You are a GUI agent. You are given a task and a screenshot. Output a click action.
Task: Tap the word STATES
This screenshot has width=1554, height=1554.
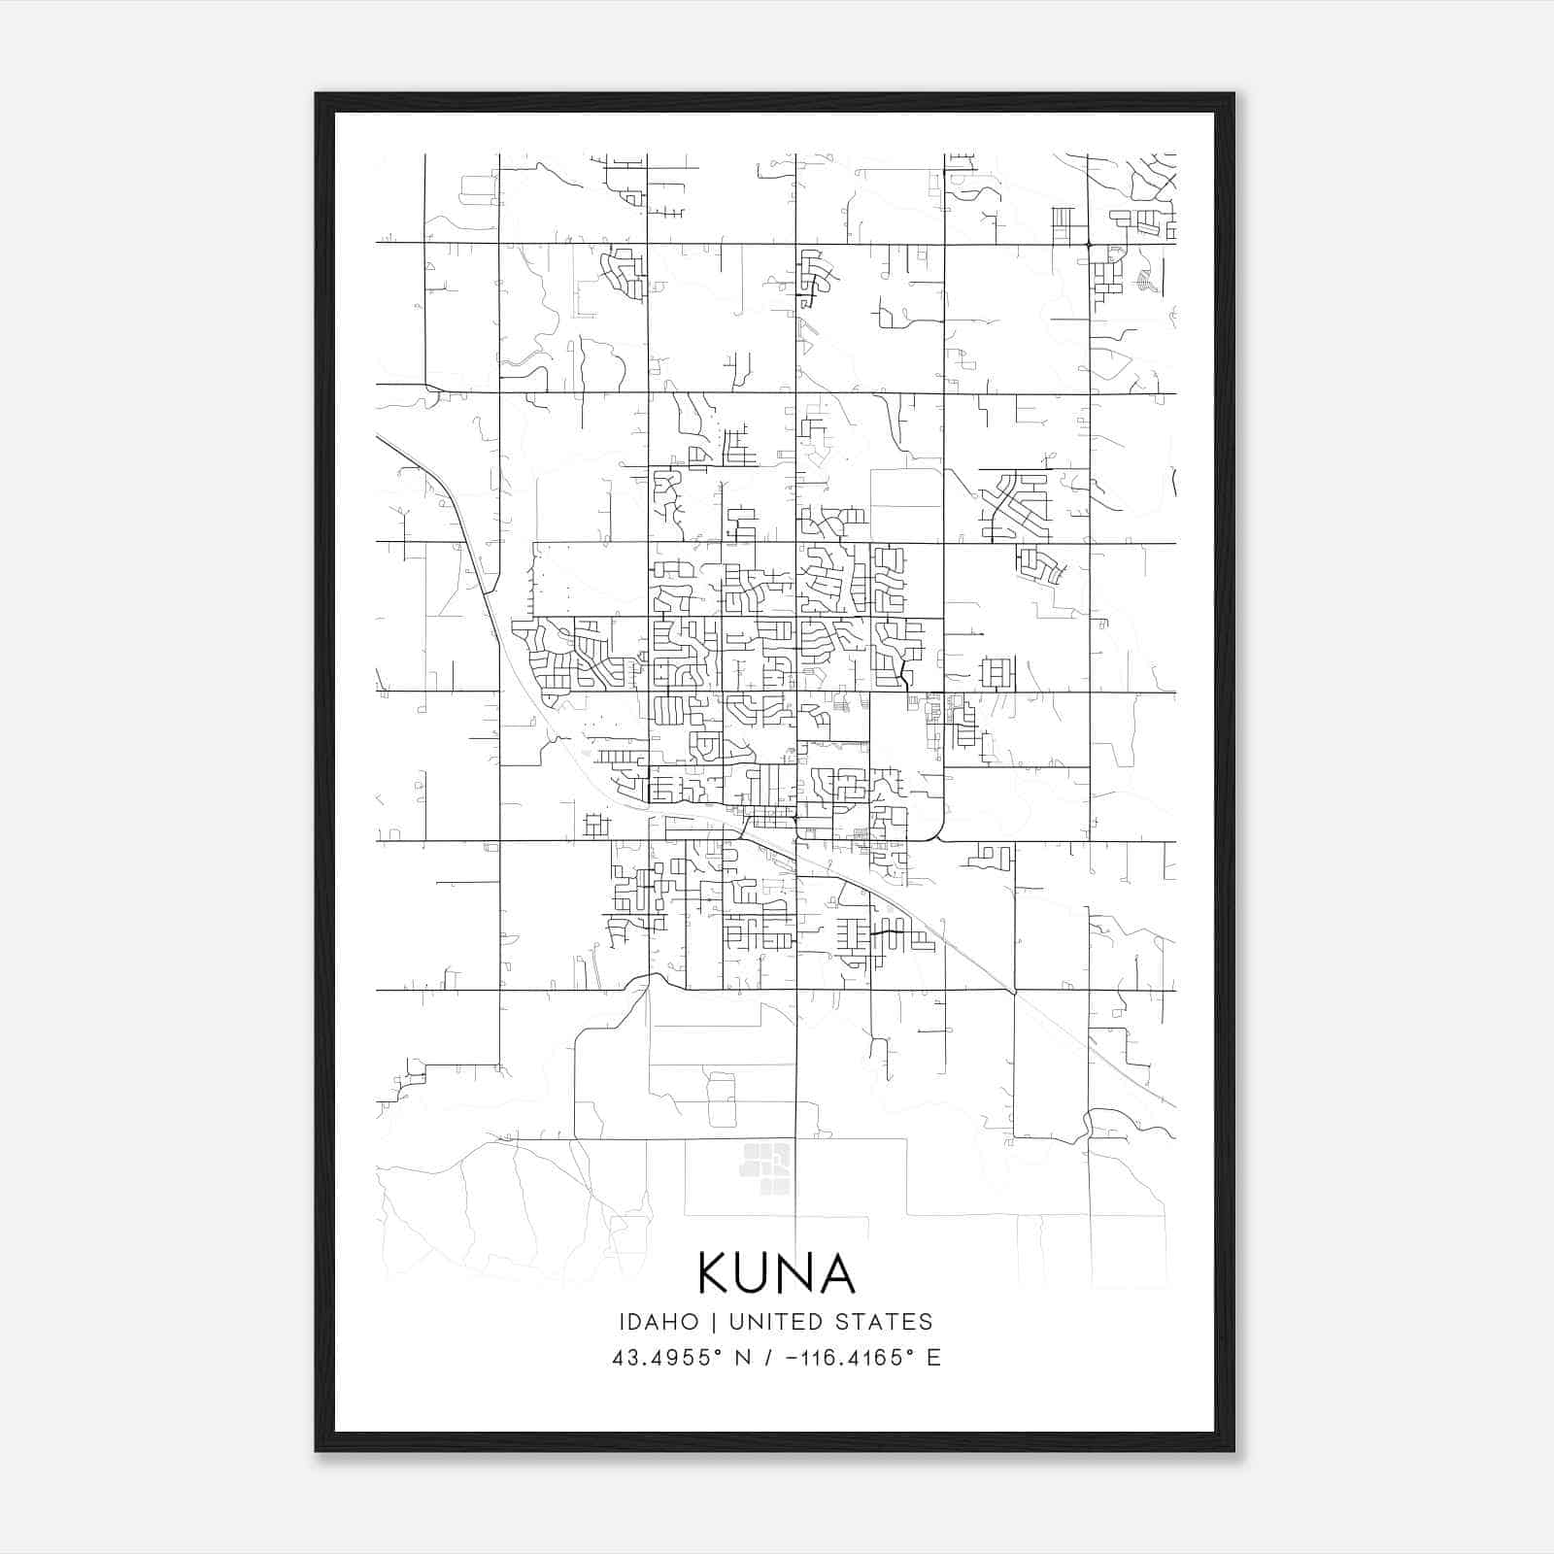(889, 1322)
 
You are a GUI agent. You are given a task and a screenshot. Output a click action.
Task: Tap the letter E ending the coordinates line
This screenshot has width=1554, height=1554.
(933, 1358)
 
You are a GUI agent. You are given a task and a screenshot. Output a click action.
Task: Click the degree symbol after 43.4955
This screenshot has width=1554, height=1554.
(720, 1351)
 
